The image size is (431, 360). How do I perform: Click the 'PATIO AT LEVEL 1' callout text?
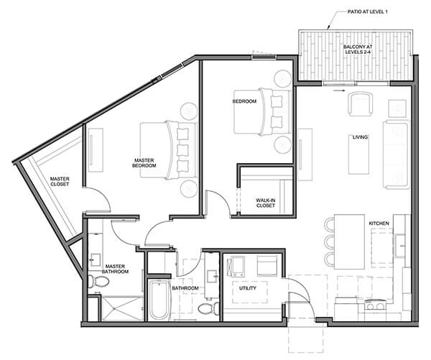tap(368, 11)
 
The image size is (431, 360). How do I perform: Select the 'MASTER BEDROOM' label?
tap(144, 163)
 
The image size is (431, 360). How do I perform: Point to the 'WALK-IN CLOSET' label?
tap(266, 203)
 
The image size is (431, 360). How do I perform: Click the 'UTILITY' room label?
tap(248, 288)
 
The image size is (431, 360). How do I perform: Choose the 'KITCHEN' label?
tap(379, 223)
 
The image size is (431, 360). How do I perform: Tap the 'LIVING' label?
tap(360, 137)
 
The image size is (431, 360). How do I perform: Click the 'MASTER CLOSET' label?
tap(60, 182)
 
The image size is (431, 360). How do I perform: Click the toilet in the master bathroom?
tap(98, 281)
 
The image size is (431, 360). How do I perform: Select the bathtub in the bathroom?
tap(159, 300)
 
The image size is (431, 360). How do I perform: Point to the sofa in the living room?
tap(397, 154)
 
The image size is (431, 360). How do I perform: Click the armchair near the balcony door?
tap(360, 104)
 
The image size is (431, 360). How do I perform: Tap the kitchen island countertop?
tap(349, 241)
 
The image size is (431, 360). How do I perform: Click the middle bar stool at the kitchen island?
tap(329, 242)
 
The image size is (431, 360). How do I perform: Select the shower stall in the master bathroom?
tap(122, 308)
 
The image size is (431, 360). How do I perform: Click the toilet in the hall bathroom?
tap(208, 308)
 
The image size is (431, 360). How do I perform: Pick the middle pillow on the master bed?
tap(182, 150)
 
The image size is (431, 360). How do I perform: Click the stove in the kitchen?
tap(375, 306)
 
